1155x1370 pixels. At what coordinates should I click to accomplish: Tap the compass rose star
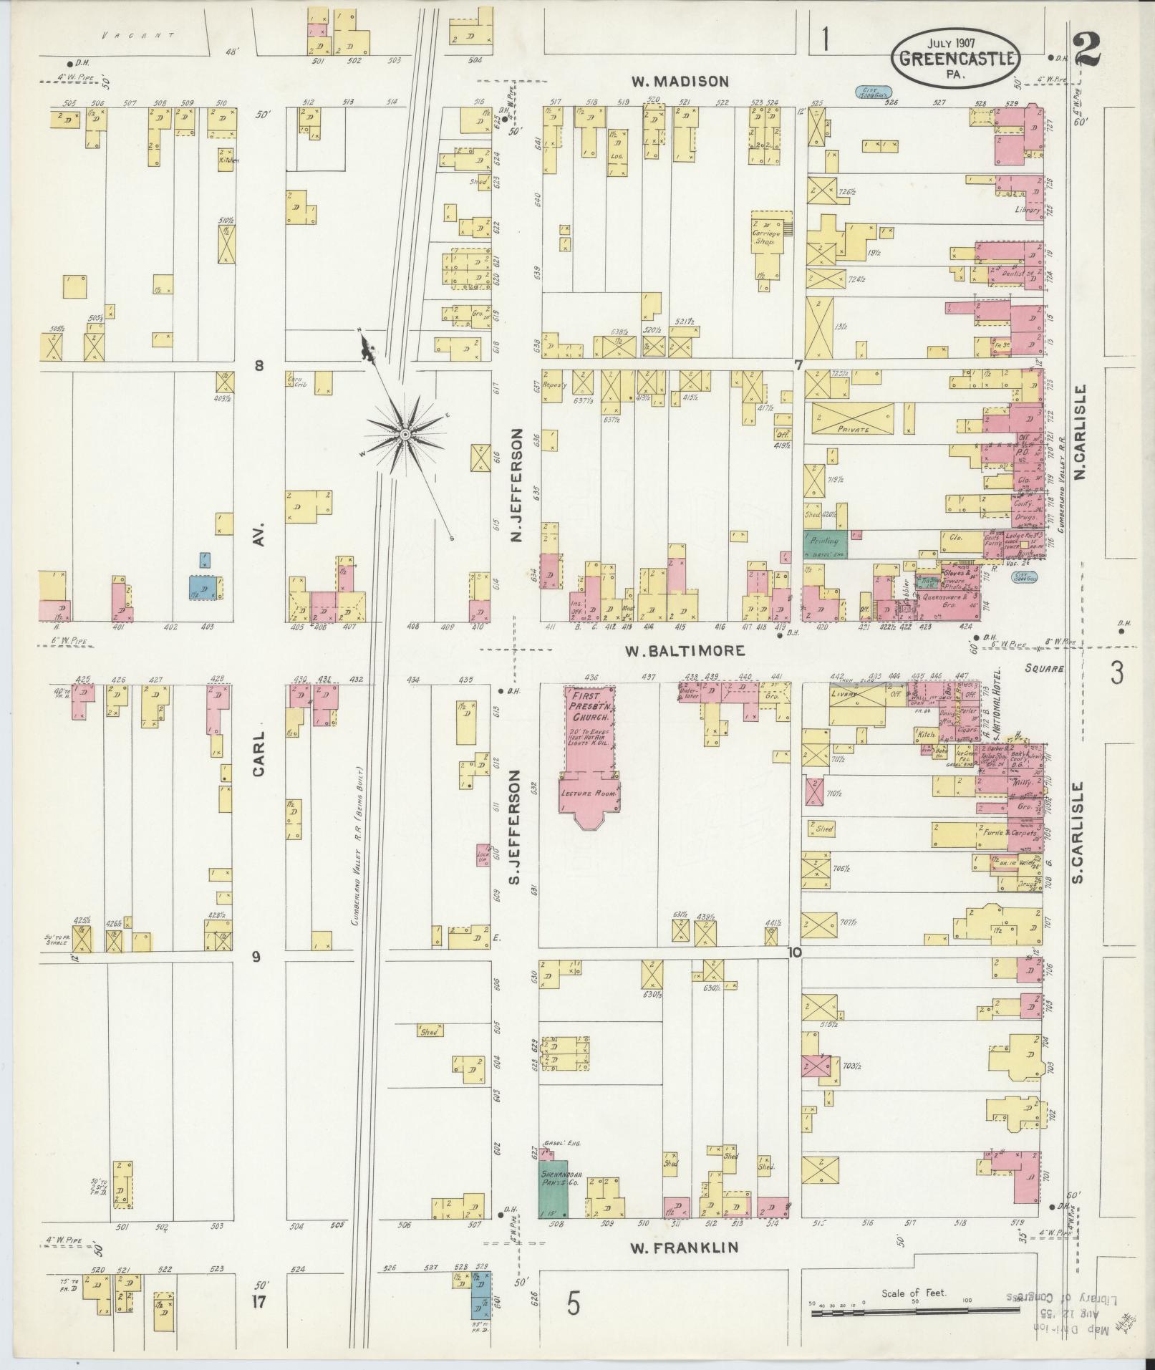[405, 435]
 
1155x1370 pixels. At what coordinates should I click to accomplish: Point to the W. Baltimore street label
[685, 651]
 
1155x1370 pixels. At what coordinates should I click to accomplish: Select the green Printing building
[826, 545]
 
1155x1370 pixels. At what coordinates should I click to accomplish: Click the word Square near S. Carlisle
[1044, 667]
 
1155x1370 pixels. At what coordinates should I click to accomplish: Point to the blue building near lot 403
[204, 587]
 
